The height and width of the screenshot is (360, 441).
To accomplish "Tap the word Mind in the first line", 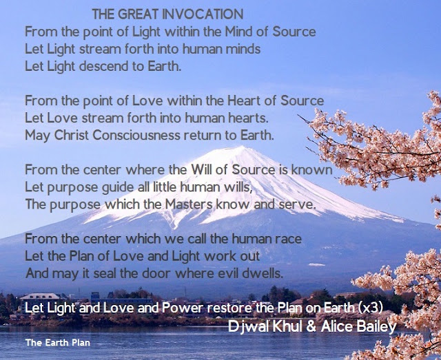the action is [x=238, y=32].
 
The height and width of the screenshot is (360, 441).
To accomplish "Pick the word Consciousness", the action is [x=136, y=135].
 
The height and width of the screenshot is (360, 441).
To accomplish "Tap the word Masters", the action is [x=189, y=204].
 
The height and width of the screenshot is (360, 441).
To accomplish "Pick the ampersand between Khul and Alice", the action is [x=311, y=326].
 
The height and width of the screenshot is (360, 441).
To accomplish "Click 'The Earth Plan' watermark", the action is [x=58, y=343].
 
